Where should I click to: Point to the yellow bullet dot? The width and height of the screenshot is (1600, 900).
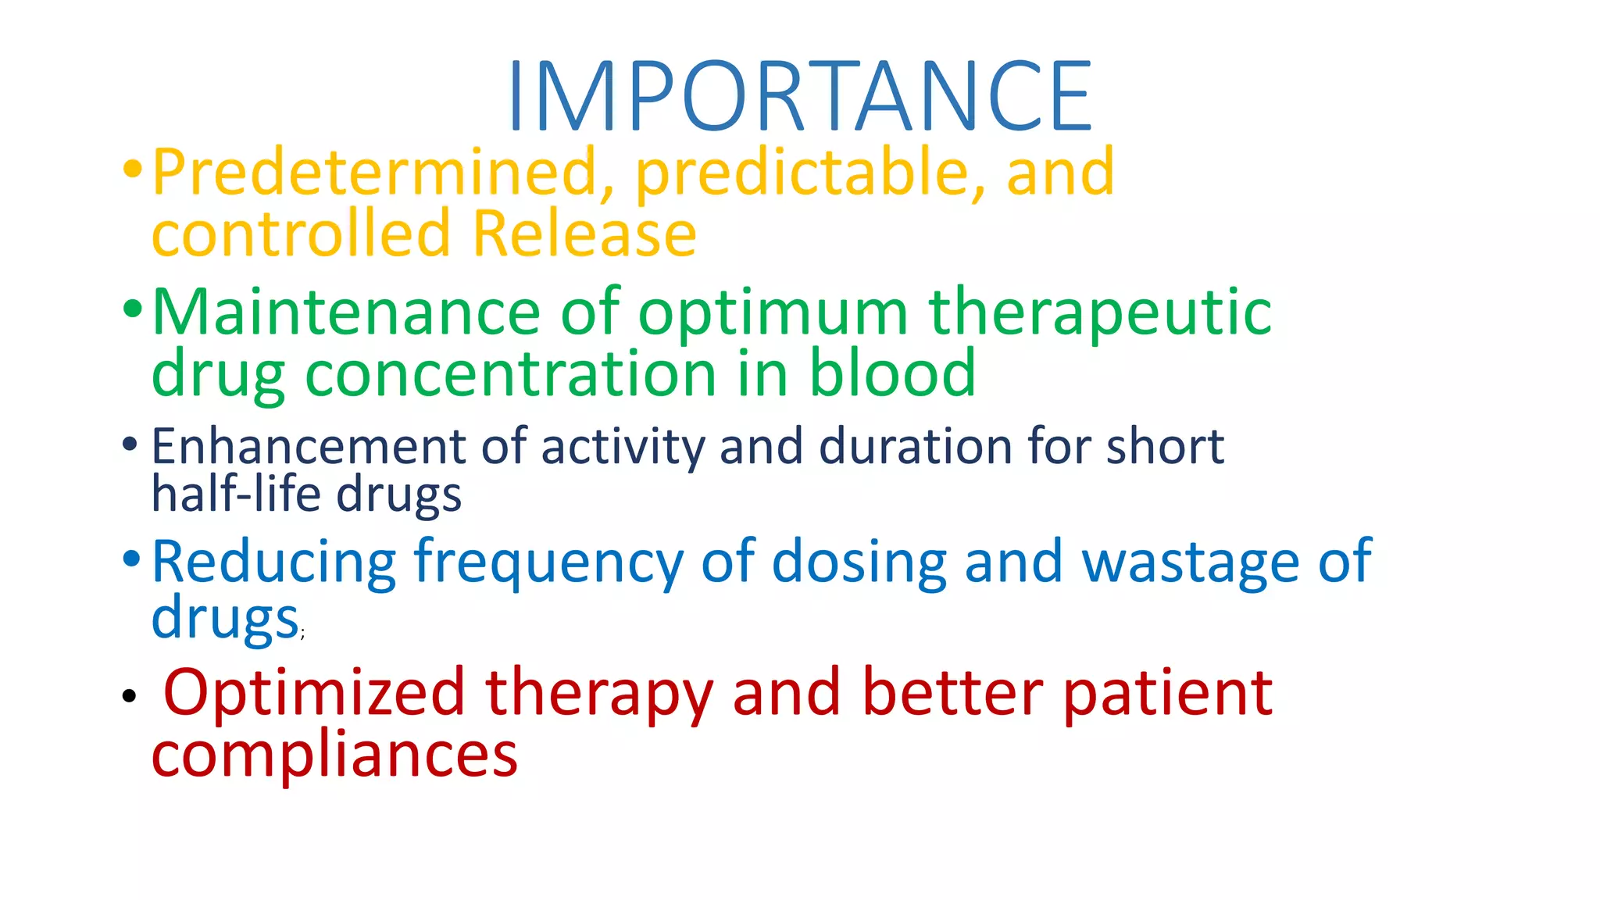tap(132, 168)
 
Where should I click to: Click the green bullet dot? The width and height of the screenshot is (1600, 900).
tap(132, 308)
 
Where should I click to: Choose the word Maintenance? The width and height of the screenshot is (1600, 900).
tap(346, 312)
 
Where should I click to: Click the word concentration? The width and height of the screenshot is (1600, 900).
tap(510, 374)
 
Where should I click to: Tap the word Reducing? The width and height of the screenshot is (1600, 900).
tap(274, 562)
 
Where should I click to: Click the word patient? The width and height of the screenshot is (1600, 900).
tap(1167, 694)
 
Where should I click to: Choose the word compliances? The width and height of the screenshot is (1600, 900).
tap(334, 755)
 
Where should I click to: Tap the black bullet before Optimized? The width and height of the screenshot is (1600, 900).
tap(130, 695)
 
